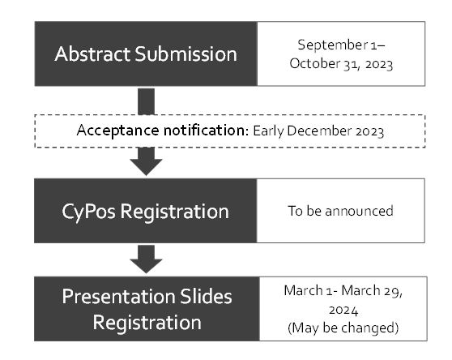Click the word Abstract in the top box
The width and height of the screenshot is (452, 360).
click(x=92, y=54)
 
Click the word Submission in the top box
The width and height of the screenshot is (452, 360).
click(x=185, y=54)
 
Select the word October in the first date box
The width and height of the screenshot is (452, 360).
click(x=315, y=64)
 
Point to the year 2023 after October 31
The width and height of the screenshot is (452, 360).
click(x=379, y=65)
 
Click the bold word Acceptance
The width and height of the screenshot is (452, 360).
click(x=117, y=131)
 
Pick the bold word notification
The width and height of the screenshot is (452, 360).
click(x=206, y=130)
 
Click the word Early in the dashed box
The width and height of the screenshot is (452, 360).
click(x=268, y=131)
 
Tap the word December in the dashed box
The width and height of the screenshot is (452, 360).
click(x=319, y=131)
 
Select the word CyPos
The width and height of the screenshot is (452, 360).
click(x=88, y=212)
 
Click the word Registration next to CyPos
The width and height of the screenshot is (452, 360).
click(x=175, y=212)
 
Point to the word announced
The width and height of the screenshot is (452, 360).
click(x=359, y=211)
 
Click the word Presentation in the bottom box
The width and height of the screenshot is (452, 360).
click(x=119, y=297)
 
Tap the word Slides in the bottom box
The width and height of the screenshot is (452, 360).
click(x=206, y=296)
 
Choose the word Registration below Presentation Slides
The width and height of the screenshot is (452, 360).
click(x=147, y=323)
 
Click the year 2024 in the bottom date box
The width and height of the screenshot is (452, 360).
click(x=343, y=311)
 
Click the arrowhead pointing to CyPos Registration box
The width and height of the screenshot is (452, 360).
click(x=146, y=167)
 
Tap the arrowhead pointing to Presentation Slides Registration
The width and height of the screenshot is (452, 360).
click(x=146, y=266)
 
